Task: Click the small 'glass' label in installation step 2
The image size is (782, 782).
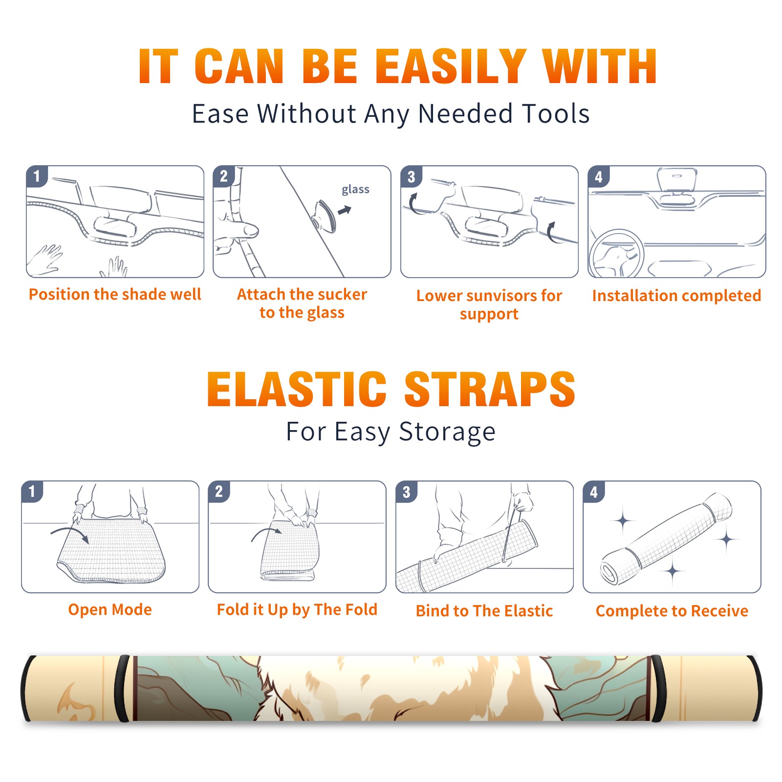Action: point(355,190)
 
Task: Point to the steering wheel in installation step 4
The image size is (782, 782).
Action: point(616,254)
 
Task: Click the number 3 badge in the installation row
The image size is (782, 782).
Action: point(412,176)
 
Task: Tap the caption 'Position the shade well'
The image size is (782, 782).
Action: point(115,294)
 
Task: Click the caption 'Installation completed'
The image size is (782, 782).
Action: point(676,296)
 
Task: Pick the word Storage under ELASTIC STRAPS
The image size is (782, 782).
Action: point(447,432)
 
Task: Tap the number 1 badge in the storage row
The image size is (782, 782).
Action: point(32,491)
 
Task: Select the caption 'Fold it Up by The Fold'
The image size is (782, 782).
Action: point(297,609)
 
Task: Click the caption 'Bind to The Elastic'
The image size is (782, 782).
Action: point(484,611)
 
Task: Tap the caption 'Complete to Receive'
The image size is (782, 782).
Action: point(672,611)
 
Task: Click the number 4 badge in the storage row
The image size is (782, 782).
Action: point(594,491)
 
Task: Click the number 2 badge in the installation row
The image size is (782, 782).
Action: point(224,176)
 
